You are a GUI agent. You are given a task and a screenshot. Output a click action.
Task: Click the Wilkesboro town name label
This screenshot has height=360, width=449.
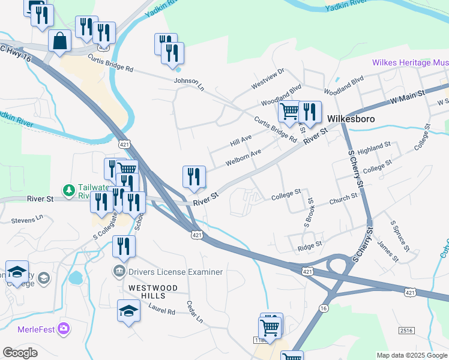(351, 119)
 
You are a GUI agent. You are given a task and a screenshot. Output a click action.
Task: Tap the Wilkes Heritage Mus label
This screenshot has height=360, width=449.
(410, 62)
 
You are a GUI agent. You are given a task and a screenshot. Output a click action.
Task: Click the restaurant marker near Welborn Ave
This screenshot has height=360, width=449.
(194, 176)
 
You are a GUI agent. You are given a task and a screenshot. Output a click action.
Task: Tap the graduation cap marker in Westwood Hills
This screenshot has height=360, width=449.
(128, 310)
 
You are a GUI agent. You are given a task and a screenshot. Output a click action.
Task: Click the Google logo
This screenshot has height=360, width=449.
(20, 353)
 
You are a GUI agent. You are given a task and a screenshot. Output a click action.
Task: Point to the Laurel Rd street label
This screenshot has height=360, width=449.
(162, 312)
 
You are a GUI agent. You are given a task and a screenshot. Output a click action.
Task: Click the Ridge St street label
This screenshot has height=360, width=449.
(310, 247)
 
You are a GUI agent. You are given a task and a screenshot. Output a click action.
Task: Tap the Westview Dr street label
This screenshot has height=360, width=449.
(267, 79)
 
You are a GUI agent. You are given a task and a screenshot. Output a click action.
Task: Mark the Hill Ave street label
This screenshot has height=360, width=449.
(240, 142)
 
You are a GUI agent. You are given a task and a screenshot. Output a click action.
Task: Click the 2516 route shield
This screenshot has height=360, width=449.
(406, 331)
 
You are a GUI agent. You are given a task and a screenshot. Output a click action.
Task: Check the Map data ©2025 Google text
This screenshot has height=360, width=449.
(412, 355)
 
